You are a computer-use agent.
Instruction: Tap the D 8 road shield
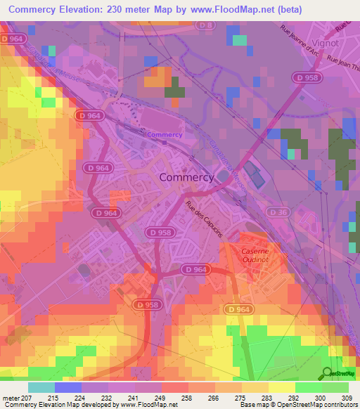click(205, 25)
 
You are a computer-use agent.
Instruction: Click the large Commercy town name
click(186, 177)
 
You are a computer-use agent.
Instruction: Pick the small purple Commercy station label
click(165, 135)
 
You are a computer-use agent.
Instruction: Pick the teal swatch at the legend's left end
click(41, 387)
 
